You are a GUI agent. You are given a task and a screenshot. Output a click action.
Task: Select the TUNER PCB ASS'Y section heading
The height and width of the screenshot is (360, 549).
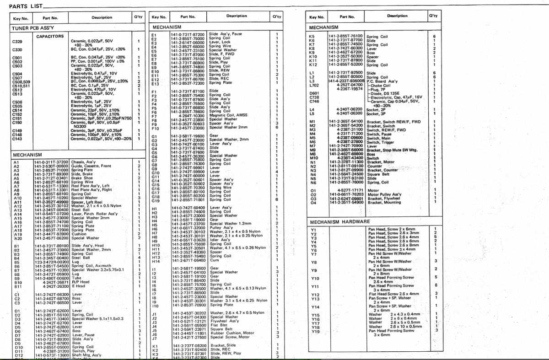pyautogui.click(x=31, y=27)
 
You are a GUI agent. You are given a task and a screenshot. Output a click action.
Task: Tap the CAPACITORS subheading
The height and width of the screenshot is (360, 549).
pyautogui.click(x=50, y=36)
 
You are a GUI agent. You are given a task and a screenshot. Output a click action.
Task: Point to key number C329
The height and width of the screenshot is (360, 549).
pyautogui.click(x=17, y=43)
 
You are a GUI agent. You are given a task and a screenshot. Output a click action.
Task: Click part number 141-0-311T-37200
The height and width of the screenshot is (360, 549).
pyautogui.click(x=51, y=162)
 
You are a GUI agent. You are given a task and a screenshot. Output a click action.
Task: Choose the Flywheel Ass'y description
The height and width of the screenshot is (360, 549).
pyautogui.click(x=225, y=321)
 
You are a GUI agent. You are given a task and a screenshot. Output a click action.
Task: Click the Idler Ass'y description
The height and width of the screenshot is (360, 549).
pyautogui.click(x=221, y=240)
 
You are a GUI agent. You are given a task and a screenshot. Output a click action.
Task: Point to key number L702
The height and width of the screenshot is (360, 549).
pyautogui.click(x=314, y=85)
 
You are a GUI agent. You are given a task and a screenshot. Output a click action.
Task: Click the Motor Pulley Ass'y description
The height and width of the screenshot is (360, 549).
pyautogui.click(x=385, y=194)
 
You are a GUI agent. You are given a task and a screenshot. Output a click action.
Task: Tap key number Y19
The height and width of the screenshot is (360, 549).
pyautogui.click(x=314, y=332)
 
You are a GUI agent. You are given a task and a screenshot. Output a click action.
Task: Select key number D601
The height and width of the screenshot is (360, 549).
pyautogui.click(x=314, y=93)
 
